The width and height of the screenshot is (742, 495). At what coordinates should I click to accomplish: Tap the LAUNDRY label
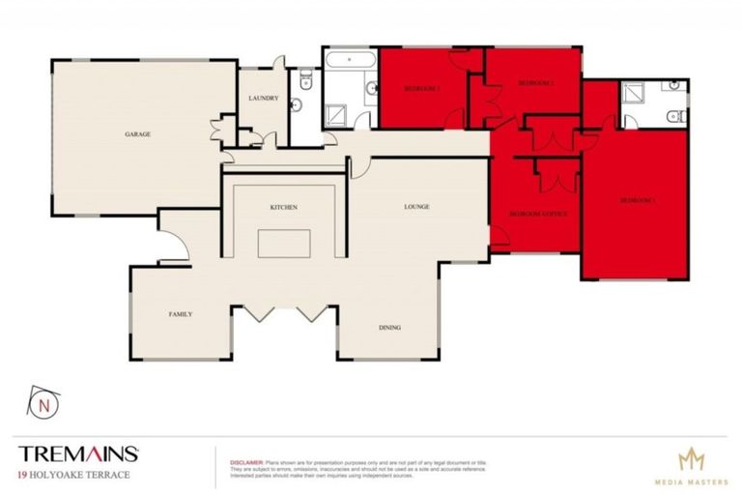pyautogui.click(x=263, y=99)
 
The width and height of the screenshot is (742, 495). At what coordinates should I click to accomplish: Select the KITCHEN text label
pyautogui.click(x=282, y=207)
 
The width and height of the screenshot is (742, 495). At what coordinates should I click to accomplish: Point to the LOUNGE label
pyautogui.click(x=416, y=207)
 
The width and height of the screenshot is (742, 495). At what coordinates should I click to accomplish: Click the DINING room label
pyautogui.click(x=389, y=328)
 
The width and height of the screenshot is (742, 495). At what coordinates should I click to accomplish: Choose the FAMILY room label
pyautogui.click(x=180, y=314)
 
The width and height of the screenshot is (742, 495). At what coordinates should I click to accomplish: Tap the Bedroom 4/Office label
pyautogui.click(x=537, y=213)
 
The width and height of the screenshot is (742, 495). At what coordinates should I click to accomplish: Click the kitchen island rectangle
pyautogui.click(x=283, y=243)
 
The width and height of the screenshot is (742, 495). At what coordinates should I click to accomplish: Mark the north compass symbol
pyautogui.click(x=42, y=406)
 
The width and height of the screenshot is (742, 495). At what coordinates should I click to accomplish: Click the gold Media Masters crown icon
pyautogui.click(x=691, y=459)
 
